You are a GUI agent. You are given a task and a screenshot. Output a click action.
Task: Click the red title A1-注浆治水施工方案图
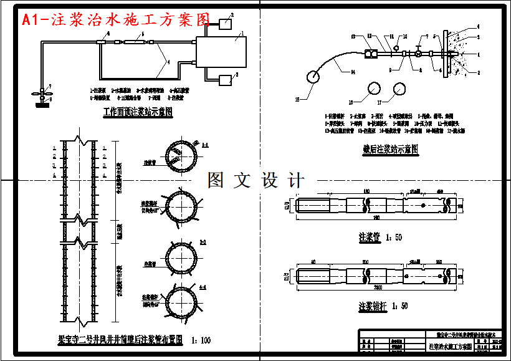(x=116, y=20)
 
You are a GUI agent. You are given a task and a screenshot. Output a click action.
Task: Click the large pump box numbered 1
(x=221, y=47)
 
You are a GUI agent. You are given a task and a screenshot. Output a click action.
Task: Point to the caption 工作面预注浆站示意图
(x=138, y=113)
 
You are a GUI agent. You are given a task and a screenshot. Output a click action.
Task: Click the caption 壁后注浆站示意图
(x=391, y=150)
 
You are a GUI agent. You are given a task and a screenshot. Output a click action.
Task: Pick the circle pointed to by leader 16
(x=374, y=89)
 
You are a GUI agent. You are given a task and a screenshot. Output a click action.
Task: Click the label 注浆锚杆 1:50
(x=383, y=306)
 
